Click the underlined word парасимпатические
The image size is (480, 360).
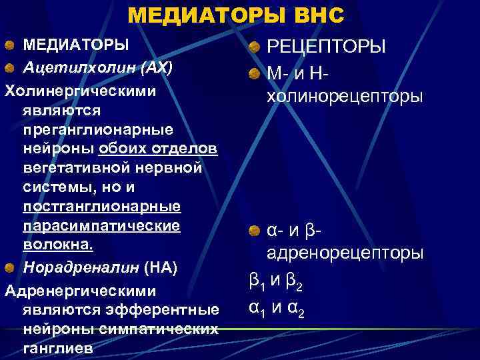(101, 225)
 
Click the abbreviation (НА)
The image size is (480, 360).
(161, 268)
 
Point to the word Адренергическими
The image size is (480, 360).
(80, 291)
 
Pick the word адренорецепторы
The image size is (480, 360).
(344, 253)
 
